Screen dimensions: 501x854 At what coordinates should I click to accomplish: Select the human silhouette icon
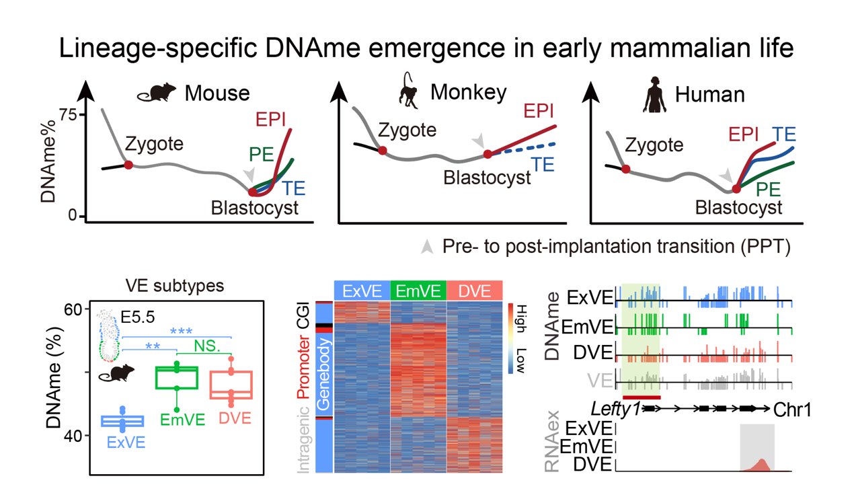pos(654,95)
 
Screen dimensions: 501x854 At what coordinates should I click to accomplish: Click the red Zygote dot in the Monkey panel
pos(383,151)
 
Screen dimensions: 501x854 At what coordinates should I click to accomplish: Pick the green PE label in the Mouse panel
pos(261,155)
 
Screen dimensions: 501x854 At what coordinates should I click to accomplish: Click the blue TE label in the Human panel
pos(784,134)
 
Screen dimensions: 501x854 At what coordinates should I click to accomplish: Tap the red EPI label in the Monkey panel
pos(538,112)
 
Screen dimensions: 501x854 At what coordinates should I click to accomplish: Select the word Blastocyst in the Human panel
pos(738,206)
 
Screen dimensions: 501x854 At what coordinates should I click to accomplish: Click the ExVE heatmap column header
pos(361,291)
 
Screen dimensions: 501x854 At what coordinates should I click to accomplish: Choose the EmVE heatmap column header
pos(418,291)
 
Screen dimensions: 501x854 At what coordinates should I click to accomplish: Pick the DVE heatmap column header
pos(474,291)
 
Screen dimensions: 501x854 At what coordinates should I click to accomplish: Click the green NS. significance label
pos(208,346)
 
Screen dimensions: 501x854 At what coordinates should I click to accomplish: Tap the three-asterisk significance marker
pos(181,331)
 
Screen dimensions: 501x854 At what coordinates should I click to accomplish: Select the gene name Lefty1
pos(615,409)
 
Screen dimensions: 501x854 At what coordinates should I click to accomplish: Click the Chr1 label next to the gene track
pos(791,409)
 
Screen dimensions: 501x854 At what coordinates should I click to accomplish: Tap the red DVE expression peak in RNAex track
pos(761,465)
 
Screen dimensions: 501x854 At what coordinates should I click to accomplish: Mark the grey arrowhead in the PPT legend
pos(426,247)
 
